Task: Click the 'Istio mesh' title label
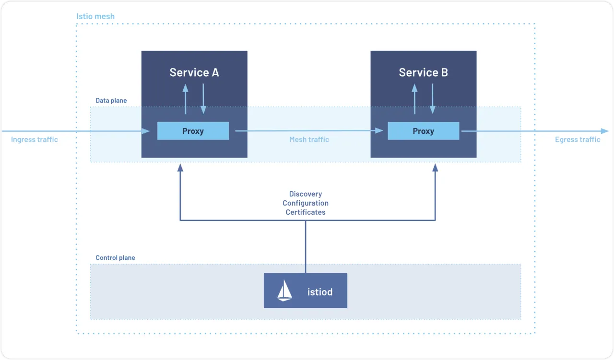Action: point(95,16)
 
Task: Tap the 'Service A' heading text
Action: point(194,72)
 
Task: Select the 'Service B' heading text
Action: point(423,72)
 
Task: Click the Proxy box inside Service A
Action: point(193,131)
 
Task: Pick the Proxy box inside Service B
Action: point(424,131)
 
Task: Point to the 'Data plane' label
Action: point(111,101)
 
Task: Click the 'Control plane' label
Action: point(115,258)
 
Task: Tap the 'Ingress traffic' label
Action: point(34,139)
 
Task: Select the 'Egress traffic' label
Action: point(578,139)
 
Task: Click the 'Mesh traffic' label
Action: point(309,139)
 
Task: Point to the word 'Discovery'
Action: point(306,194)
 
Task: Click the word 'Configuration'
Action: point(306,203)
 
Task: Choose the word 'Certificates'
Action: point(306,212)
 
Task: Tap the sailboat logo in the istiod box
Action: point(284,290)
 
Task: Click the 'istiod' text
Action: point(320,292)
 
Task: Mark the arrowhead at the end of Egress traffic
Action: point(605,131)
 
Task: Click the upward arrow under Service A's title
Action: point(186,99)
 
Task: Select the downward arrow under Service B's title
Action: point(433,99)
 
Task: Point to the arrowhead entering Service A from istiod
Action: point(180,167)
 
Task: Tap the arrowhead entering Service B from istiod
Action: point(435,167)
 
